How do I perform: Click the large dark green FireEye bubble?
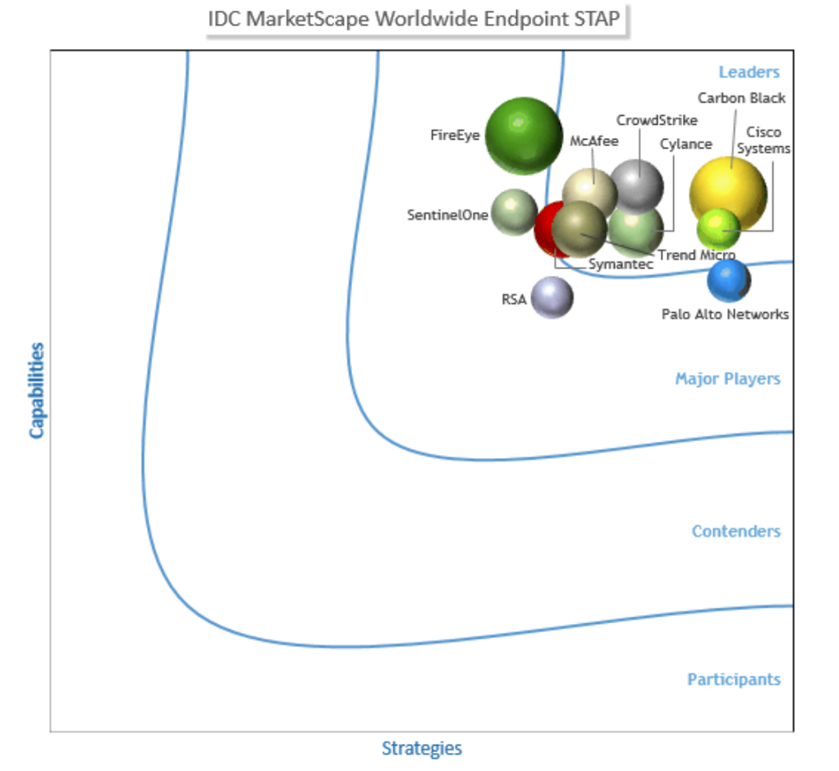(524, 136)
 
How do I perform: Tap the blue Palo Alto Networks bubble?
(729, 280)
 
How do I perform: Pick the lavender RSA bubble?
(552, 297)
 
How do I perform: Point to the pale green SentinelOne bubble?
(515, 212)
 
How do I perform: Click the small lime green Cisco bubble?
(718, 229)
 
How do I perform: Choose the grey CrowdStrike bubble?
(638, 185)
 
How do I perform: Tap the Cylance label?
(686, 145)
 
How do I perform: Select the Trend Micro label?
(697, 255)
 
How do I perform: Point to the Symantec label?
(621, 265)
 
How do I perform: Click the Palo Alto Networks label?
(725, 314)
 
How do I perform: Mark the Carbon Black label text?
(742, 98)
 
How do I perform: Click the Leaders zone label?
(749, 72)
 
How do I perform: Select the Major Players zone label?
(727, 379)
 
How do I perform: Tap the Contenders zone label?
(736, 532)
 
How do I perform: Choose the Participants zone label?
(734, 680)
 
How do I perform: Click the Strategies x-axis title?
(422, 748)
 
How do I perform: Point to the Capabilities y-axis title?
(38, 390)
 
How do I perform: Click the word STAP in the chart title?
(600, 19)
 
